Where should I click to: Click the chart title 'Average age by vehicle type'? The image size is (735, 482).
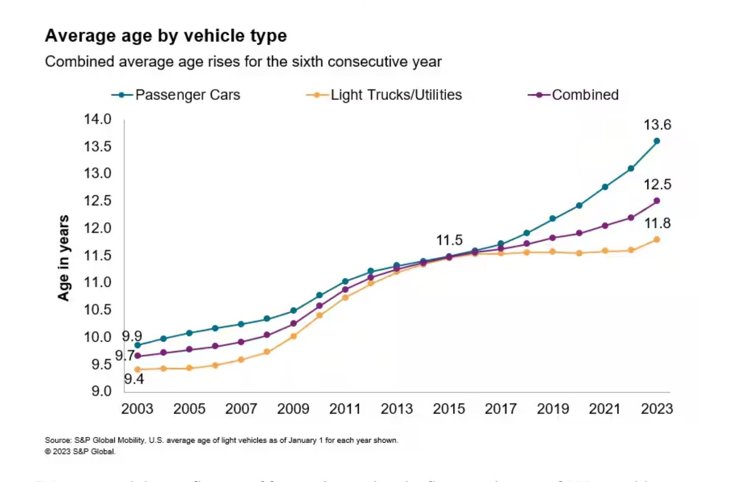point(165,36)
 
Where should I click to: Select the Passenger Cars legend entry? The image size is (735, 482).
point(176,95)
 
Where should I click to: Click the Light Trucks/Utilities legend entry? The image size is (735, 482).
point(384,95)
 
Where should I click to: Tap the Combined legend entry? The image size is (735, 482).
point(573,95)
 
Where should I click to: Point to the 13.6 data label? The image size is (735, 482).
point(657,125)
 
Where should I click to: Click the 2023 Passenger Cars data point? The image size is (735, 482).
point(656,141)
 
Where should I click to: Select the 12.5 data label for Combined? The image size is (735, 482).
point(657,185)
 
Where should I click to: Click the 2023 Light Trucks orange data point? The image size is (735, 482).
point(656,240)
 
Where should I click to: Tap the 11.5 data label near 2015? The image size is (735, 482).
point(449,240)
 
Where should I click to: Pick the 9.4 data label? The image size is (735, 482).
point(134,379)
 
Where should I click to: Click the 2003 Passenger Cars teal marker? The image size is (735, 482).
point(138,345)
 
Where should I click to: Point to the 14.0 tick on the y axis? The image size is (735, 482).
point(97,119)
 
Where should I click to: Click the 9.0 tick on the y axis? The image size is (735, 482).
point(101,391)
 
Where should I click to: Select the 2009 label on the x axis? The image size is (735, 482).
point(293,409)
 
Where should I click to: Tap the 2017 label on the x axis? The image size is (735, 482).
point(500,409)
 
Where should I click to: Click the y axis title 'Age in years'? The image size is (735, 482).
point(63,258)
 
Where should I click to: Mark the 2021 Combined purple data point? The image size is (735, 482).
point(605,226)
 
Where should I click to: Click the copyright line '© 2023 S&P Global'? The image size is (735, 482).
point(80,452)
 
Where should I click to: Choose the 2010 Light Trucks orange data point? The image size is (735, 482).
point(319,315)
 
